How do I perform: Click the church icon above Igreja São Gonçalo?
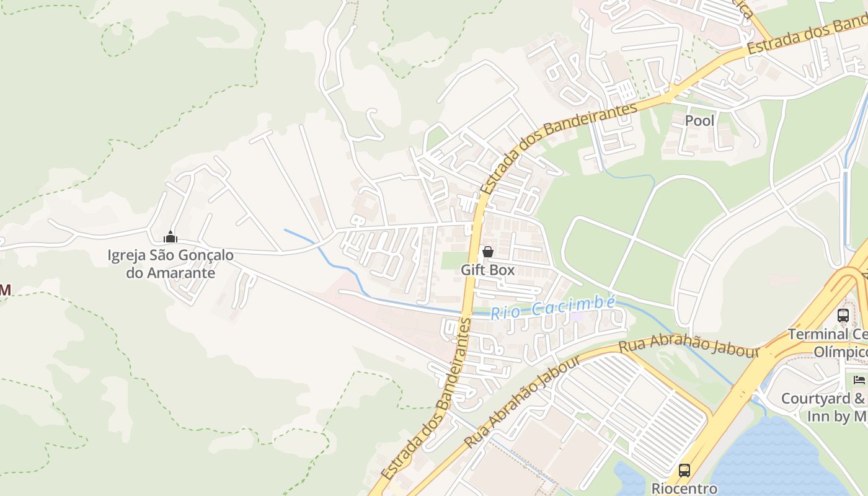point(170,237)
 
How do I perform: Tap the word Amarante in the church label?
point(180,273)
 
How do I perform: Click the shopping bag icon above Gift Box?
point(488,252)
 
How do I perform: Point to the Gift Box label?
point(488,270)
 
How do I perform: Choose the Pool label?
point(699,121)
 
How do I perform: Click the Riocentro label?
point(684,489)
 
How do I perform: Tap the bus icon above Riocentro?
point(684,471)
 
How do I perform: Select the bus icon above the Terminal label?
point(843,315)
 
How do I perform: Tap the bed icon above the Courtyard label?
point(859,379)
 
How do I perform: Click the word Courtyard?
point(812,399)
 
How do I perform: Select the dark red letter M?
point(5,290)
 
